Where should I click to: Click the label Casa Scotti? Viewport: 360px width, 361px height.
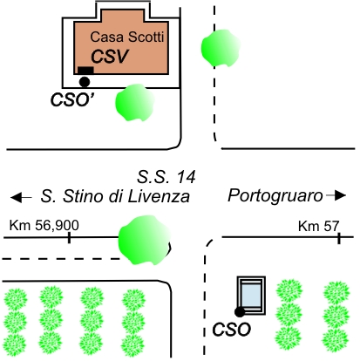127,37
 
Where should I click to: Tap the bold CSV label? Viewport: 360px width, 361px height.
110,57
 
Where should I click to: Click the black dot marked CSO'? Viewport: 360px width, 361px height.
85,82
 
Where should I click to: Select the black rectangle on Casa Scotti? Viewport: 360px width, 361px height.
85,70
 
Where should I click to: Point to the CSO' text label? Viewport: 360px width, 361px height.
72,99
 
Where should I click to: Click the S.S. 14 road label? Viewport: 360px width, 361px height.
166,177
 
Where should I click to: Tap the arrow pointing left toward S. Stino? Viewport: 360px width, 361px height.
21,197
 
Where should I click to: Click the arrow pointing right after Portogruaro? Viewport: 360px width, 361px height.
336,195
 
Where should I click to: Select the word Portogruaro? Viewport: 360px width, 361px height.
275,196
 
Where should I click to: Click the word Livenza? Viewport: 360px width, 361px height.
159,196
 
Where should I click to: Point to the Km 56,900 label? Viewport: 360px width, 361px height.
44,225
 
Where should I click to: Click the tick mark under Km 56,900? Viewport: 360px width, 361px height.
69,237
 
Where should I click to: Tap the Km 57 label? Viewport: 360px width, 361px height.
319,226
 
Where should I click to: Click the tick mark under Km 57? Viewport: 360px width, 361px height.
339,238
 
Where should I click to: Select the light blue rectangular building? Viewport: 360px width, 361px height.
251,296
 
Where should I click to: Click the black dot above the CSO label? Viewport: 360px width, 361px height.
240,312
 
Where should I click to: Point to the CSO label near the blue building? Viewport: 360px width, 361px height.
231,330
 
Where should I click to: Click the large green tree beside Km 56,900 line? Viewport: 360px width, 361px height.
145,240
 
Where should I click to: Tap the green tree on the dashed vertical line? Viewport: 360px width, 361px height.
221,48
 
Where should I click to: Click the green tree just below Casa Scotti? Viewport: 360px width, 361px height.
135,102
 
